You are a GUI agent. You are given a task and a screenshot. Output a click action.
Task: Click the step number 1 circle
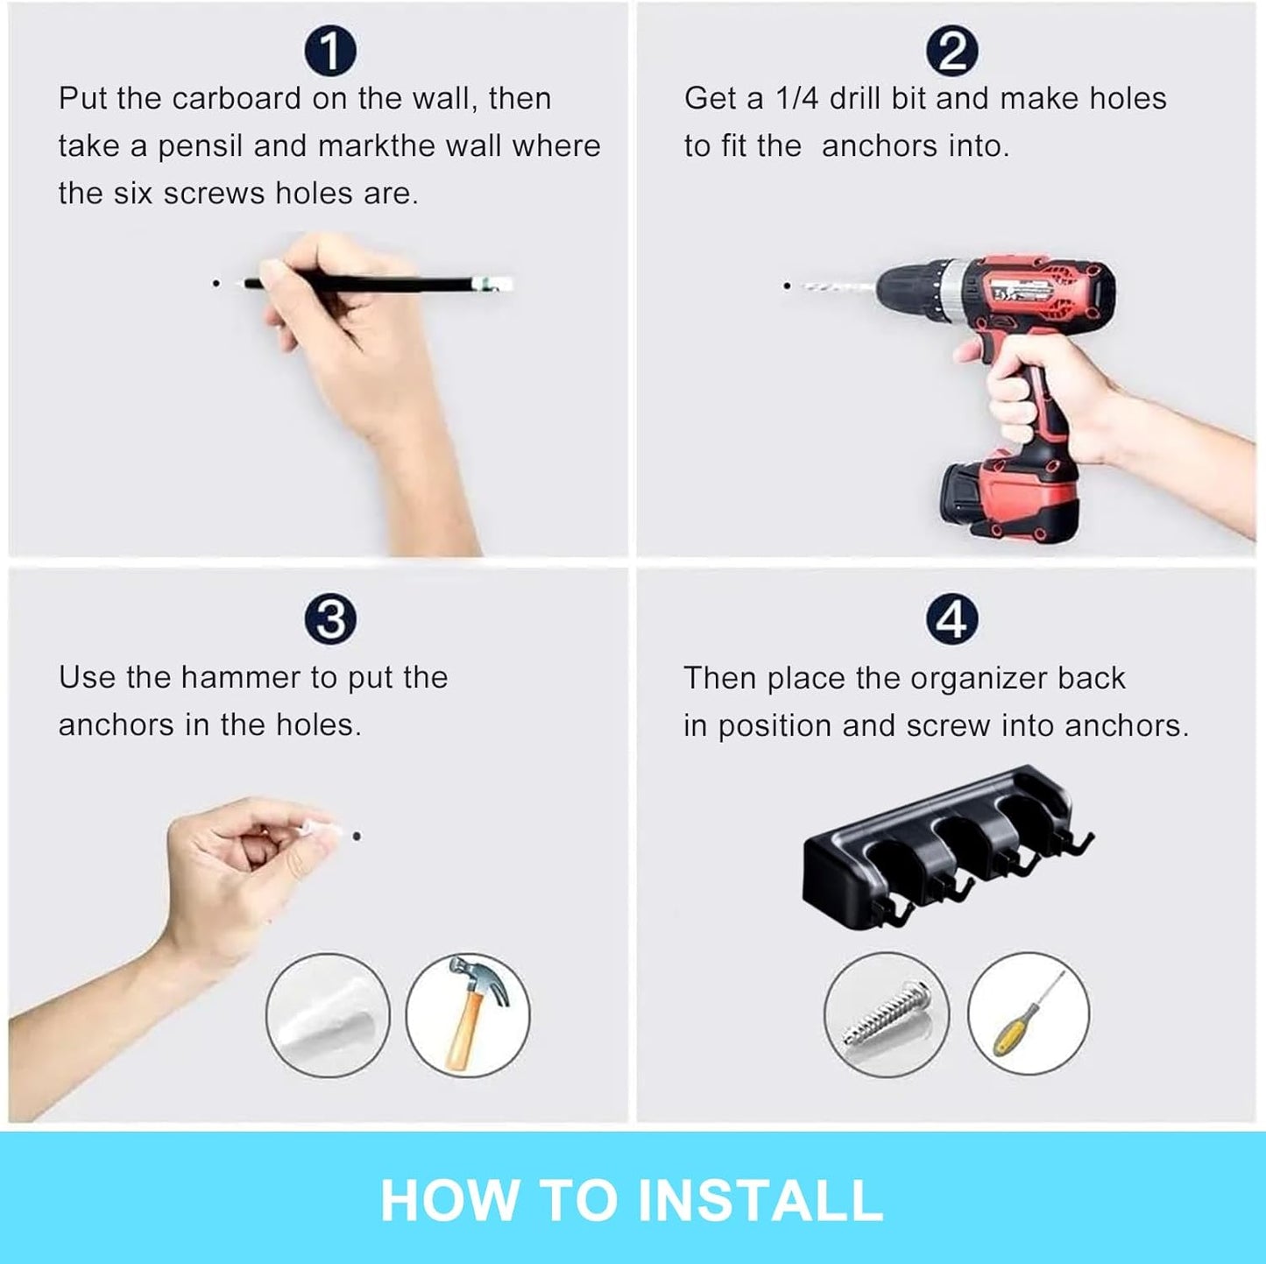click(329, 51)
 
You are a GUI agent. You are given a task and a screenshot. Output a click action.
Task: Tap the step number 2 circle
click(951, 51)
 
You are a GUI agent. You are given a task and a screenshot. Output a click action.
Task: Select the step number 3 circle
click(329, 619)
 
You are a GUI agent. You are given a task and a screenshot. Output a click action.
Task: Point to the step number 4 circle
click(951, 619)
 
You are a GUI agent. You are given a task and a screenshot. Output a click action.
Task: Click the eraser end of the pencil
click(496, 283)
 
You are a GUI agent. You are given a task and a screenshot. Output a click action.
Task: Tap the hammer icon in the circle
click(469, 1013)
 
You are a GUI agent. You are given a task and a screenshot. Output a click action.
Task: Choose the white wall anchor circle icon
click(328, 1015)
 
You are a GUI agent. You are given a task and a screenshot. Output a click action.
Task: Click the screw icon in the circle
click(886, 1013)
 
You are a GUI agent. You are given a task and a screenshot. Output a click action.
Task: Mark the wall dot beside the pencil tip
click(216, 283)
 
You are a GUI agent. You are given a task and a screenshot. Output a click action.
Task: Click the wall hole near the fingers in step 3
click(357, 836)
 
